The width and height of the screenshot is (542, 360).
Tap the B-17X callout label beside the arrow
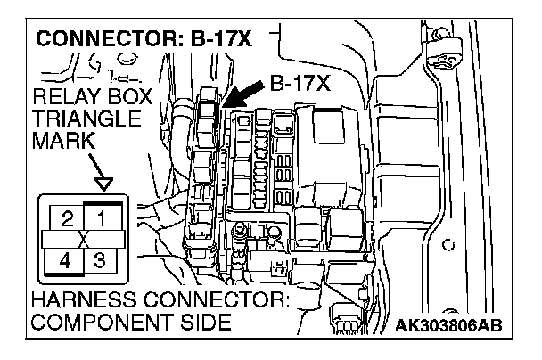point(299,85)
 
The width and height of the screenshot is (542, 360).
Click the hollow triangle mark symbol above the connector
point(104,184)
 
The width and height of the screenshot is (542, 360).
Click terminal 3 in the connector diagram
point(102,262)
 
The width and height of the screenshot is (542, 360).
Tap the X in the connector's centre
point(84,240)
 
